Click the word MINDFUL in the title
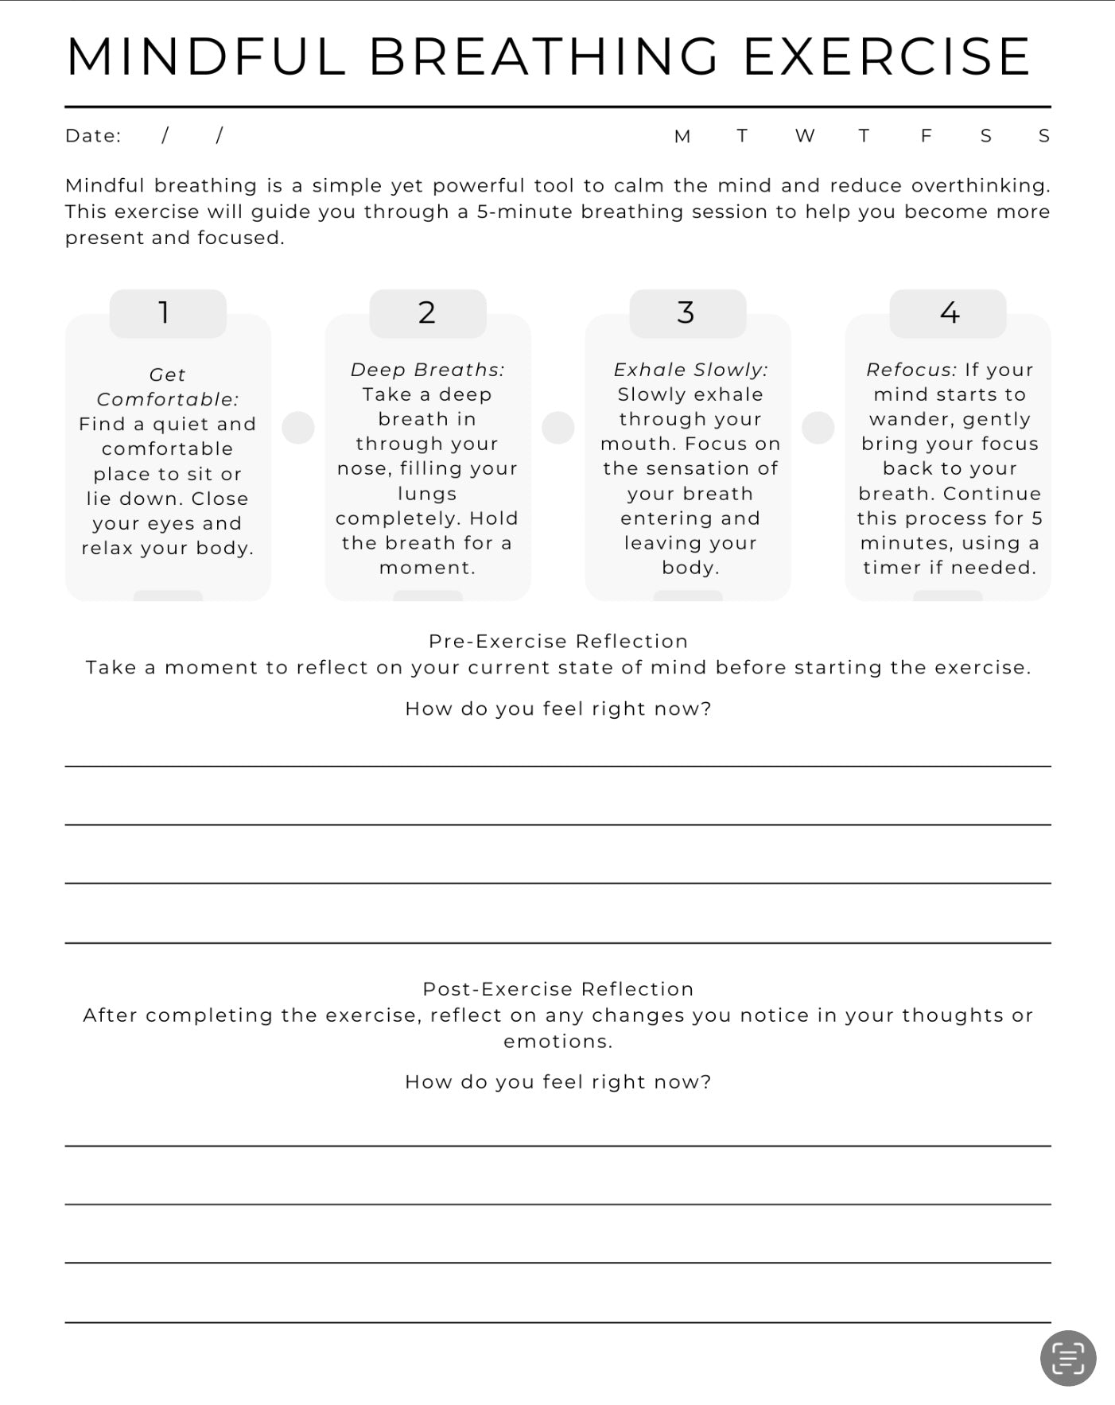[x=205, y=56]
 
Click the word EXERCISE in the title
[x=886, y=56]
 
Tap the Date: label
[x=93, y=136]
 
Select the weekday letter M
[x=682, y=136]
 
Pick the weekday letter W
[x=804, y=136]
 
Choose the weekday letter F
[x=926, y=136]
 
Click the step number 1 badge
[x=168, y=312]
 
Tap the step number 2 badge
[x=427, y=312]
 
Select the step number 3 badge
[x=687, y=312]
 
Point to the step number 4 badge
[x=948, y=312]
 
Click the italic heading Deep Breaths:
[x=427, y=370]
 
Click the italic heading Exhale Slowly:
[x=690, y=370]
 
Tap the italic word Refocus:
[x=911, y=370]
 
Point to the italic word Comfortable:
[x=167, y=399]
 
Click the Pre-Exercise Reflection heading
[x=557, y=641]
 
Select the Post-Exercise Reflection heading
[x=557, y=988]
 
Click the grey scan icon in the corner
[x=1067, y=1358]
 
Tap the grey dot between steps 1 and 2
[x=298, y=428]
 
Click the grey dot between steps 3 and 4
[x=818, y=428]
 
